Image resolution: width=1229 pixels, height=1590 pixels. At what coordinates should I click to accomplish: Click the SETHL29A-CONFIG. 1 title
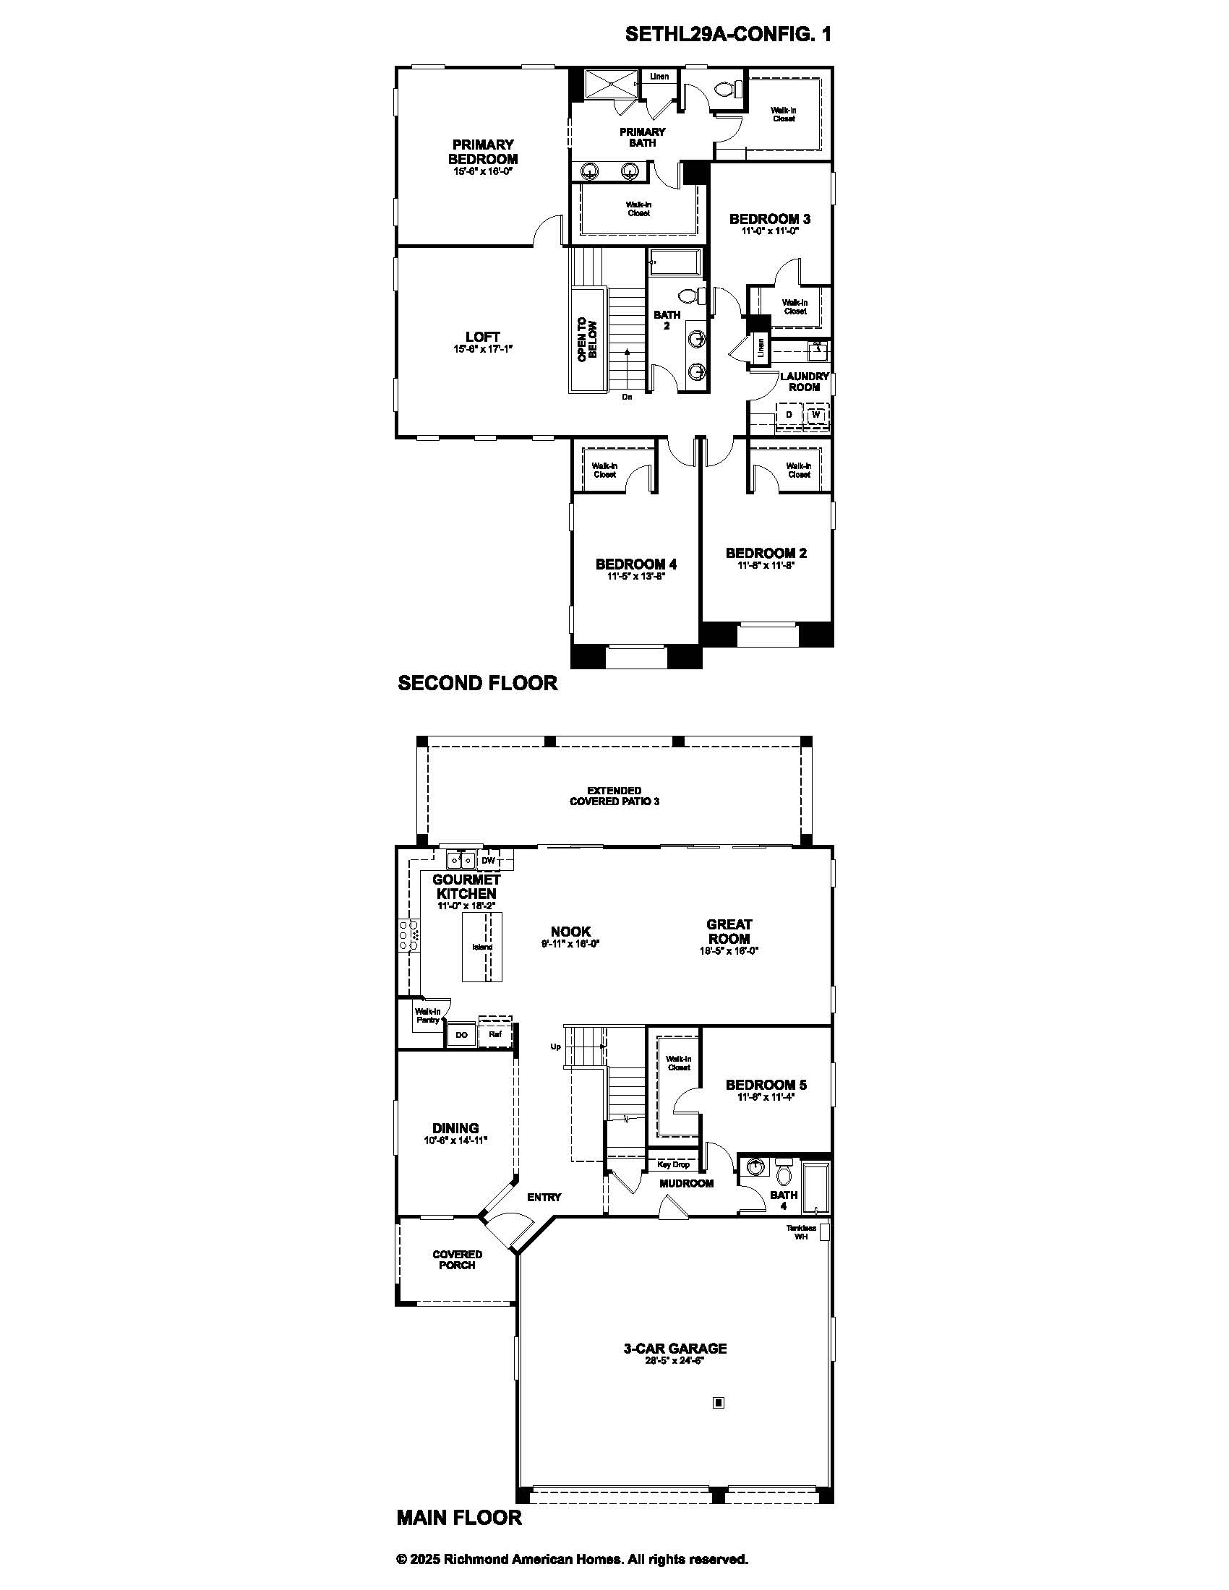(727, 34)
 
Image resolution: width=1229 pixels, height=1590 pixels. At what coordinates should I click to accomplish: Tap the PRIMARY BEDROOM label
(483, 152)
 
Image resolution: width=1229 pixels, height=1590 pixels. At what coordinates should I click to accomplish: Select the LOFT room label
(483, 336)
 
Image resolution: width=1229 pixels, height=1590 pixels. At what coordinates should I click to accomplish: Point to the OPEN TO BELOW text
(587, 340)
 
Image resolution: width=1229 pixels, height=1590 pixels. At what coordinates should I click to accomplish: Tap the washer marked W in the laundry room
(816, 415)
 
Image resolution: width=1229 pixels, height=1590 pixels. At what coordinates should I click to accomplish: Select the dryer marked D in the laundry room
(789, 415)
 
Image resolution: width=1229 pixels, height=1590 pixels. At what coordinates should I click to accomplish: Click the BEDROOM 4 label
(635, 564)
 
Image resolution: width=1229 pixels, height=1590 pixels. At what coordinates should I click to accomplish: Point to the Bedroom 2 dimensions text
(765, 565)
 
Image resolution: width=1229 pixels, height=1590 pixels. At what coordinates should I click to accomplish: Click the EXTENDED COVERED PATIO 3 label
(614, 796)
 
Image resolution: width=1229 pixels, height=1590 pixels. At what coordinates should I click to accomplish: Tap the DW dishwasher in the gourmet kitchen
(488, 861)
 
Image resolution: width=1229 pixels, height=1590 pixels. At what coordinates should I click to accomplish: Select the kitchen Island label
(482, 947)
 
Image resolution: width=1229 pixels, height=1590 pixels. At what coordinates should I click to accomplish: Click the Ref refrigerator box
(495, 1033)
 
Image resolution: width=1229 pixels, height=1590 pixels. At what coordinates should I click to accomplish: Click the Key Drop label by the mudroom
(673, 1164)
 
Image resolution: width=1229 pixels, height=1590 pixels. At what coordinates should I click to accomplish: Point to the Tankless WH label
(800, 1232)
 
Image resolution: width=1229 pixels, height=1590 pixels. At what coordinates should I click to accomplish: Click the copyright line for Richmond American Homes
(573, 1560)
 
